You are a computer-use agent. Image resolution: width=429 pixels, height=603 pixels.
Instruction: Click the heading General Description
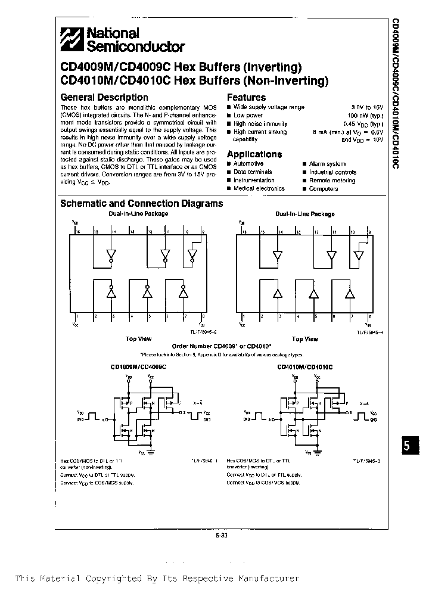[x=104, y=97]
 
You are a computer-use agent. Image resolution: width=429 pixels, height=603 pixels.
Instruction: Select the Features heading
[x=246, y=97]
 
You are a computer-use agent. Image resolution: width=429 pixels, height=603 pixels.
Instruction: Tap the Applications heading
[x=254, y=154]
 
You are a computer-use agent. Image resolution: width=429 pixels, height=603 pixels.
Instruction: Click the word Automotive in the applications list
[x=248, y=164]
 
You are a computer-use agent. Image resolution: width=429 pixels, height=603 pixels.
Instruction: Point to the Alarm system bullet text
[x=327, y=164]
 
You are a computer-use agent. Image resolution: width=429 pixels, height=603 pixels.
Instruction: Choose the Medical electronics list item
[x=259, y=188]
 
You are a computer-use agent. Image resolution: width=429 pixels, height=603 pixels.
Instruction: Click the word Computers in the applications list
[x=324, y=188]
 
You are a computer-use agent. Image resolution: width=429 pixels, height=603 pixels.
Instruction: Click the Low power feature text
[x=248, y=115]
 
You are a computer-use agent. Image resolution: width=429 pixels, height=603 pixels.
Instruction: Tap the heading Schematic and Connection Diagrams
[x=142, y=203]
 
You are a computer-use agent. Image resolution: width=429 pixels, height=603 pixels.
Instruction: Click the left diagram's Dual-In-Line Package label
[x=138, y=213]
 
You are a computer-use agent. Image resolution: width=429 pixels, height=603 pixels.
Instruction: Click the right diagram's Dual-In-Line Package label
[x=304, y=213]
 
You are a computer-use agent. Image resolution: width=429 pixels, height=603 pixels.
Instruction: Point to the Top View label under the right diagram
[x=304, y=339]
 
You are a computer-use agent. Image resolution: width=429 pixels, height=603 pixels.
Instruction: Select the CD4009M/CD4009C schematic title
[x=138, y=368]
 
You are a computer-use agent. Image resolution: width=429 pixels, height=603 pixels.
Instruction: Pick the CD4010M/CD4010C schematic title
[x=305, y=368]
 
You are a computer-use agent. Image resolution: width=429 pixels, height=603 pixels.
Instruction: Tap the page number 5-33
[x=222, y=535]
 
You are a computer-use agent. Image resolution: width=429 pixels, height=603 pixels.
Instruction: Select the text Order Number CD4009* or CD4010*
[x=222, y=346]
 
